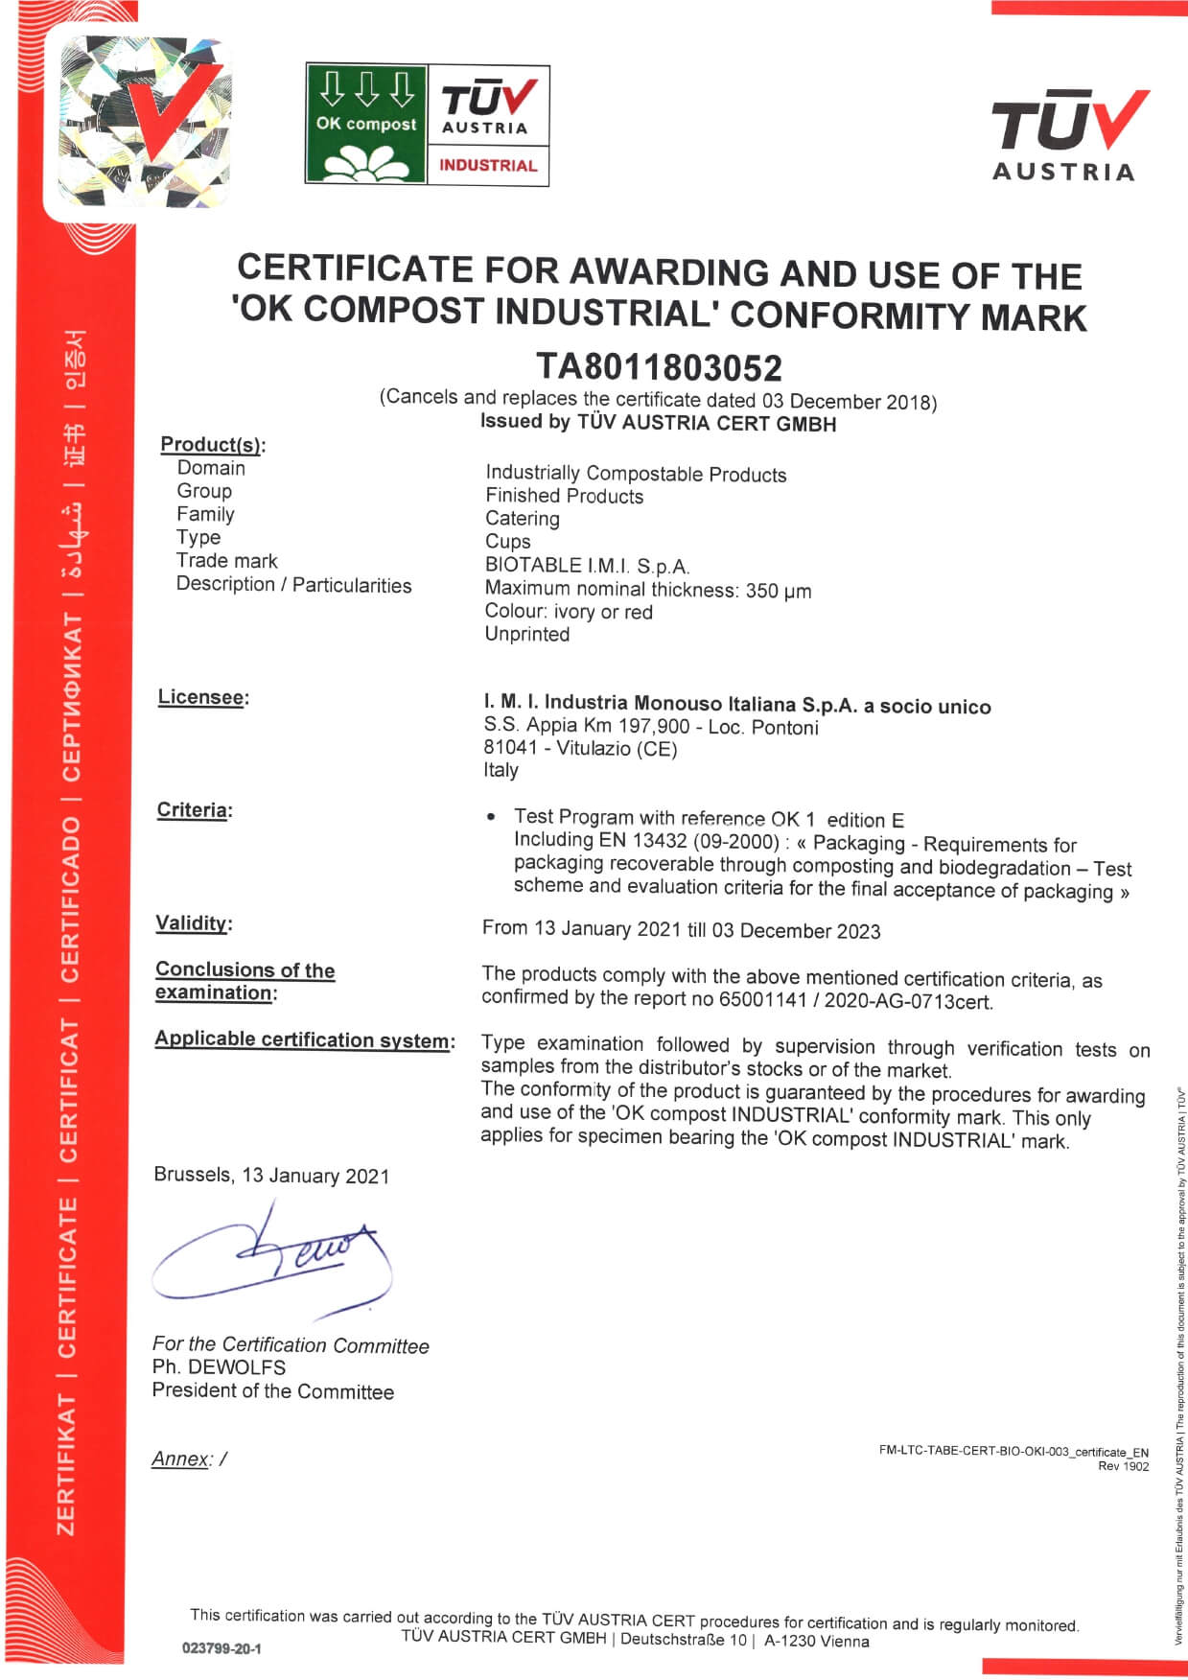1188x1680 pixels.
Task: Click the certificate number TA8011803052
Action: pos(659,367)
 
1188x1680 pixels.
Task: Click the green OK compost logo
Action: pos(366,124)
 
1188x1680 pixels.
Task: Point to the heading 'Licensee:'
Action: pos(202,697)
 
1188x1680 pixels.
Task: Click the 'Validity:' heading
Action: pos(194,923)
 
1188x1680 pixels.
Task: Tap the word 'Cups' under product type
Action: pos(507,541)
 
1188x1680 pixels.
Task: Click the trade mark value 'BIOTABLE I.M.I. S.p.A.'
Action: pos(587,565)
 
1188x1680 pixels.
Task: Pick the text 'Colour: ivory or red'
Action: pos(569,612)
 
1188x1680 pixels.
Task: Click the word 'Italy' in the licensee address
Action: pos(501,770)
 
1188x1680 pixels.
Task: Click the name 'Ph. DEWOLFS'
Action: pos(219,1367)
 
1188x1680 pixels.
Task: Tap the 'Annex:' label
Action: pos(182,1458)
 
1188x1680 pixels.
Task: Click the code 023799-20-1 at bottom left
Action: pos(221,1648)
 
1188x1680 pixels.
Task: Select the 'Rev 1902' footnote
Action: pos(1123,1466)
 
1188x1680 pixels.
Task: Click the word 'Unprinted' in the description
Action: pos(527,634)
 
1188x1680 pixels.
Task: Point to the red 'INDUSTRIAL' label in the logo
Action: pos(488,165)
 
